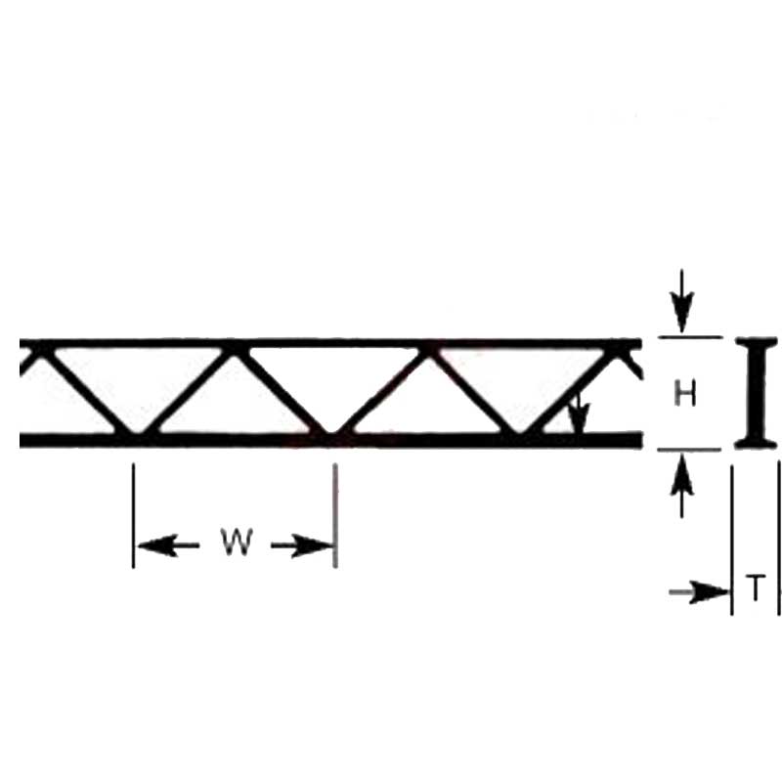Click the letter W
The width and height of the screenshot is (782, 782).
click(237, 543)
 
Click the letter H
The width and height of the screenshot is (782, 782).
click(685, 393)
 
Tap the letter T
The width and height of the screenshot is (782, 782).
click(756, 587)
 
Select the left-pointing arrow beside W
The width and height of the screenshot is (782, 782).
click(168, 545)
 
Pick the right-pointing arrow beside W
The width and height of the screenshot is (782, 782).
click(302, 545)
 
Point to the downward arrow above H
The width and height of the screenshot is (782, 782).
click(681, 301)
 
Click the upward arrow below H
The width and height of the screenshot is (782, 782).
click(681, 486)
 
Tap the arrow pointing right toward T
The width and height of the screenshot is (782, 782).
click(699, 592)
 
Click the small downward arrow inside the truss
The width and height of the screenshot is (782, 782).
click(578, 413)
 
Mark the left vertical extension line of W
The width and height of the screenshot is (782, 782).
click(133, 515)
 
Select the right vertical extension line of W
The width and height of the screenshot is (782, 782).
click(335, 515)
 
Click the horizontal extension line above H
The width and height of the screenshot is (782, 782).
click(690, 337)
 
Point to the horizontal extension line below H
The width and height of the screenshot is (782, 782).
click(689, 450)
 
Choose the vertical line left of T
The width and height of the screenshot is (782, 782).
click(731, 540)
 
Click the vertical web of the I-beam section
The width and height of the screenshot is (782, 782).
click(757, 393)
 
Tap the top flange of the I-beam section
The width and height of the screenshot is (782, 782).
click(757, 341)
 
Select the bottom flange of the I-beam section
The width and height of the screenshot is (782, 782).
click(756, 443)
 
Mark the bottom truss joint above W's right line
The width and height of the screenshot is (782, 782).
click(330, 435)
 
